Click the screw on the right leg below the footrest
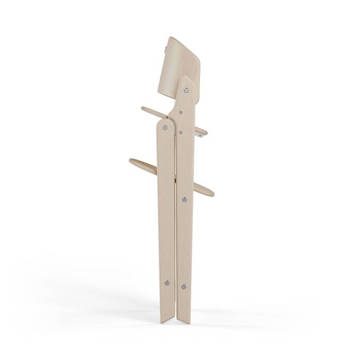click(x=184, y=198)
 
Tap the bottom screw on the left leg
click(x=166, y=282)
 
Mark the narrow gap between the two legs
click(x=174, y=232)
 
